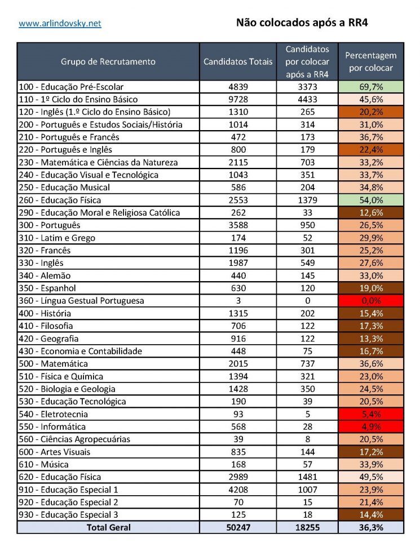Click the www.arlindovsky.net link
point(60,24)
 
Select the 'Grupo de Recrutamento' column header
point(108,61)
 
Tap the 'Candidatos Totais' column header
point(238,61)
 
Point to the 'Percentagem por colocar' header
point(371,61)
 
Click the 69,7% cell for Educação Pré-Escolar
point(371,87)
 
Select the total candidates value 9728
point(238,99)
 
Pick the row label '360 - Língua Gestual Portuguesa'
point(81,301)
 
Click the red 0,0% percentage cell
point(371,301)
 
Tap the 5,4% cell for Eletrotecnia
point(371,414)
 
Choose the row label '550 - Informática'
point(52,426)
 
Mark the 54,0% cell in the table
point(371,200)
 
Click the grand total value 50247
point(238,527)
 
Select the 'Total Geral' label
point(108,527)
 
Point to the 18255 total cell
point(307,527)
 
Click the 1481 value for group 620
point(307,477)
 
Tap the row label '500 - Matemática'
point(53,363)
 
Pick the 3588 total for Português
point(238,225)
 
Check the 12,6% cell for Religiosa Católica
point(371,212)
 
